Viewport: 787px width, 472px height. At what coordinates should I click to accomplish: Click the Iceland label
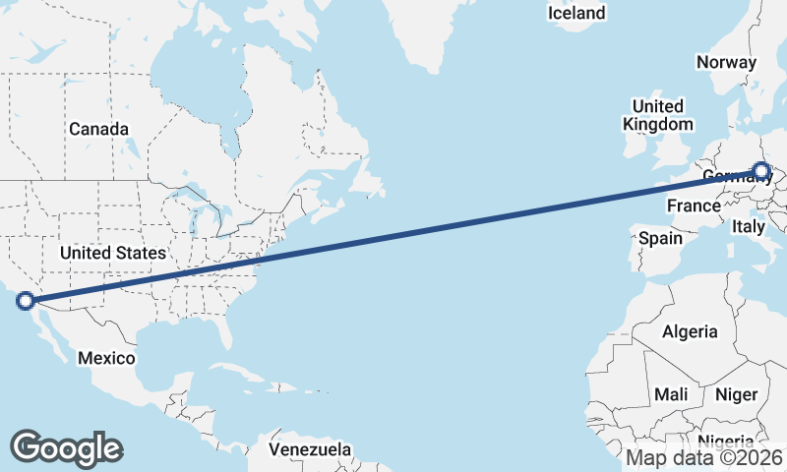click(576, 13)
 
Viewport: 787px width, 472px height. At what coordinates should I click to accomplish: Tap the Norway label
click(726, 62)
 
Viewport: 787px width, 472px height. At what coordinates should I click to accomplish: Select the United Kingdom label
click(658, 115)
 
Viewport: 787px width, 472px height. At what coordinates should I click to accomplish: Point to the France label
click(694, 206)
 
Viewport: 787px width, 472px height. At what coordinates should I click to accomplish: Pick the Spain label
click(660, 238)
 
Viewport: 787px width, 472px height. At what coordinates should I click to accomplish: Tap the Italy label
click(748, 227)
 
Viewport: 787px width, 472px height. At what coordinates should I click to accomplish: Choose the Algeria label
click(690, 331)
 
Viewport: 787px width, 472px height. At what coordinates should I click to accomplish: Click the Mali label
click(671, 394)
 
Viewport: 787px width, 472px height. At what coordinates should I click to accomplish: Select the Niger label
click(736, 394)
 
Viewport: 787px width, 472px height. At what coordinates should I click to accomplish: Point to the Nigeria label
click(728, 442)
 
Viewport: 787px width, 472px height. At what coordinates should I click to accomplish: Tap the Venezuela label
click(310, 449)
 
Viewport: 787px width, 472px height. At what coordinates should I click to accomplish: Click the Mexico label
click(106, 358)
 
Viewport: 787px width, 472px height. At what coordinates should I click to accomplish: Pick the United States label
click(113, 253)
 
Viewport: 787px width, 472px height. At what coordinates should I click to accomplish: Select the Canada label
click(98, 129)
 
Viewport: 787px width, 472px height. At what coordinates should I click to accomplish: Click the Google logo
click(66, 447)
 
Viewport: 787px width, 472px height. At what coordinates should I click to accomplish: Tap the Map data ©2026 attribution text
click(703, 457)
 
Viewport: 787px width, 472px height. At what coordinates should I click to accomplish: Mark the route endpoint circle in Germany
click(761, 171)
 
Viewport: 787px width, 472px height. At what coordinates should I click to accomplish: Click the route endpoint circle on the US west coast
click(27, 302)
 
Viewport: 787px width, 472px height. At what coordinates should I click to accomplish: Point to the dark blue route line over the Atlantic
click(443, 229)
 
